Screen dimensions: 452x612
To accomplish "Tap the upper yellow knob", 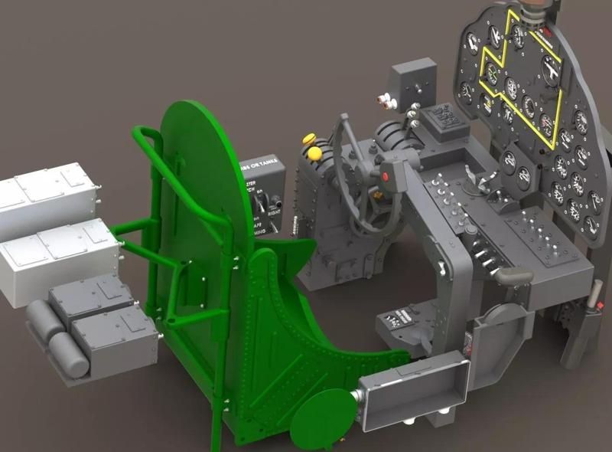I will [x=309, y=139].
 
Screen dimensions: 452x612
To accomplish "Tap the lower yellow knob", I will [x=314, y=153].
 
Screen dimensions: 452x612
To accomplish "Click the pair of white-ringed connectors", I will [x=387, y=100].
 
